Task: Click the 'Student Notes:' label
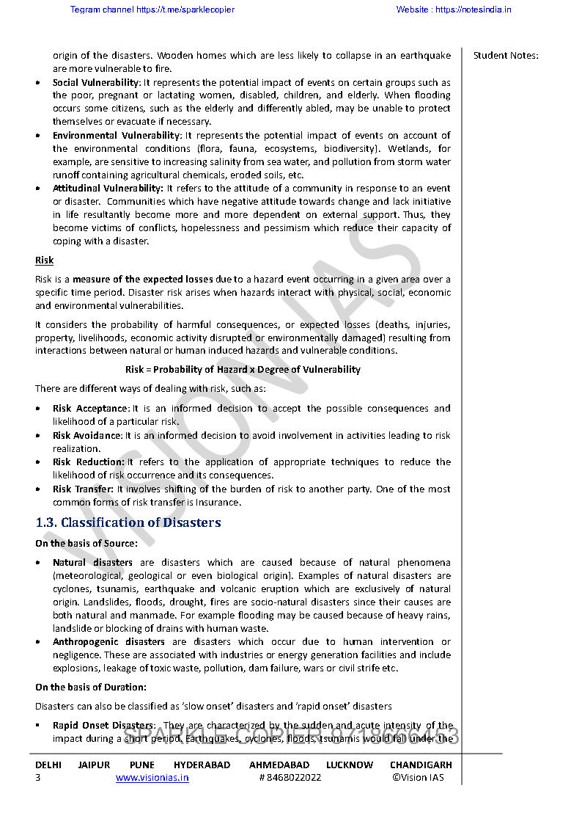506,55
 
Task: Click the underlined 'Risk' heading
44,260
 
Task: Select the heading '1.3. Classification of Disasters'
128,522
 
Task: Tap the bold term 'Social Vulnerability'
95,82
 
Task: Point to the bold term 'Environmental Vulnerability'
116,135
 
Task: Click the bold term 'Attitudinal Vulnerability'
107,188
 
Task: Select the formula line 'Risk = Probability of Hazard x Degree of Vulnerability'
243,369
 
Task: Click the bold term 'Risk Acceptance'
90,408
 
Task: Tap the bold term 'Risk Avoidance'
86,435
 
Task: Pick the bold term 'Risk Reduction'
88,462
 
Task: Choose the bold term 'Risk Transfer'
83,489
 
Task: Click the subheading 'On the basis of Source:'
86,543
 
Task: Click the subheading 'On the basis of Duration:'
91,687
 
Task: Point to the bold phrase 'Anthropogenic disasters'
108,641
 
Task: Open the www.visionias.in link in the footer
152,778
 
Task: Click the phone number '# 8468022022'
290,778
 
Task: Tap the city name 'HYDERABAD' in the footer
202,765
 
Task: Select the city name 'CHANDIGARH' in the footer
421,765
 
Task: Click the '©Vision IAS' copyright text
418,778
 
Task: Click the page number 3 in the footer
38,778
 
